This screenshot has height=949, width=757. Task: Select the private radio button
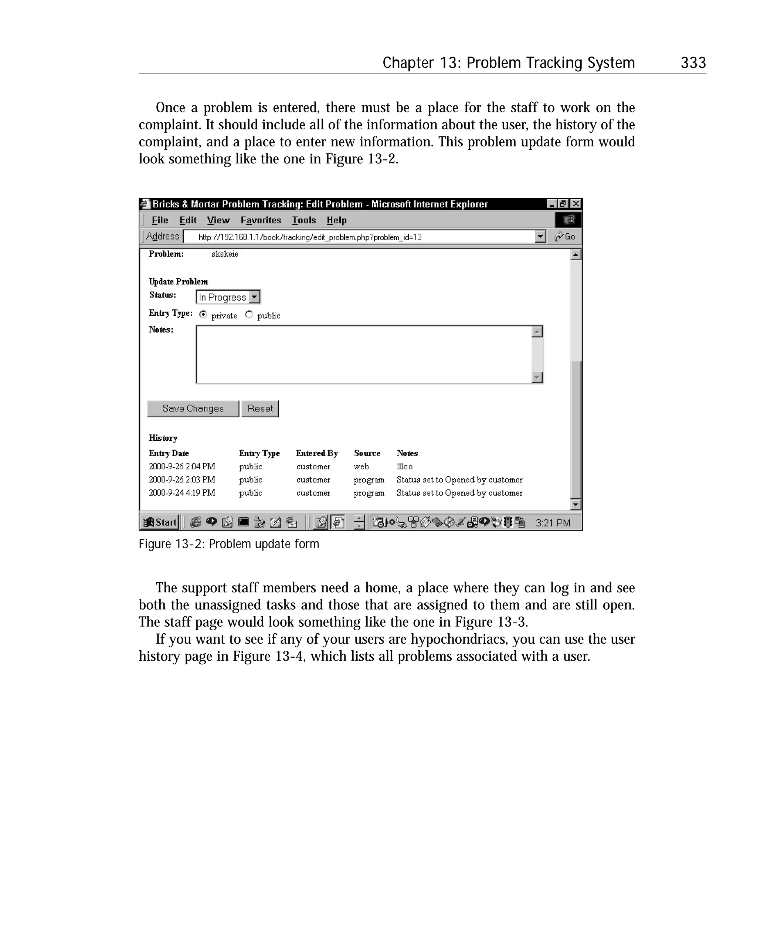coord(203,314)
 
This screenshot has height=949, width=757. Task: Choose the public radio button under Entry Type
coord(249,314)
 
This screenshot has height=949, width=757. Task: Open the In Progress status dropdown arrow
coord(254,297)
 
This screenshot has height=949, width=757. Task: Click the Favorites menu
coord(261,220)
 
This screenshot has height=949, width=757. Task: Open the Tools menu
coord(304,220)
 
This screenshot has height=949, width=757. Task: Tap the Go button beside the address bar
coord(565,237)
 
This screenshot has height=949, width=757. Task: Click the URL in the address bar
coord(310,237)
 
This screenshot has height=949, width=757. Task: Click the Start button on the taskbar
coord(160,522)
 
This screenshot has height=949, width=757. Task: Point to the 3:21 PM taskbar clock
coord(553,522)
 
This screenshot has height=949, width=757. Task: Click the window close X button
coord(575,204)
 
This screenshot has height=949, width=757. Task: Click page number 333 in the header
coord(693,63)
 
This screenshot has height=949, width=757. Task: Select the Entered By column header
coord(317,453)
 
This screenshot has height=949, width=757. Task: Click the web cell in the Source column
coord(361,467)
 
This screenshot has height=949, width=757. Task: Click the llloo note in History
coord(404,467)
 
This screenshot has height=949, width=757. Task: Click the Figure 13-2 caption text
coord(228,544)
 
